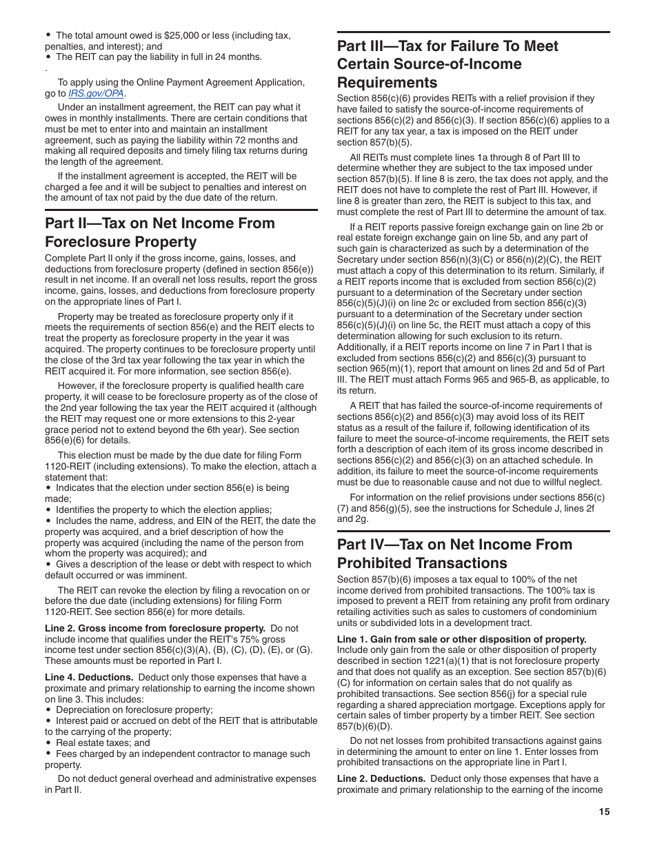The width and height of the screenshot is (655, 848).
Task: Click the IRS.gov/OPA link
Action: [97, 93]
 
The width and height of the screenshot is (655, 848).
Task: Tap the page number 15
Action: [604, 811]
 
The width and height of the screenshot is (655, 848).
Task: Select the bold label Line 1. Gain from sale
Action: [461, 639]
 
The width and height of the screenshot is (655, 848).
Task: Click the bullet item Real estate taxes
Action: [103, 743]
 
